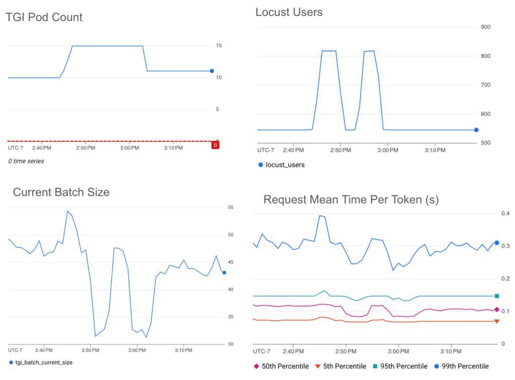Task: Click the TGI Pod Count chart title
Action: (x=44, y=17)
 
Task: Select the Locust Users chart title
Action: (x=289, y=12)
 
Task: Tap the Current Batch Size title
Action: (x=61, y=192)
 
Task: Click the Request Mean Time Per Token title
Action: (x=351, y=200)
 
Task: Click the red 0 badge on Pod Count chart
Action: (x=215, y=145)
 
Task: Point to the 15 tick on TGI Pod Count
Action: (x=219, y=46)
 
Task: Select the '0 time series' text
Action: (x=26, y=161)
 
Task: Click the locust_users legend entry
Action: (x=285, y=165)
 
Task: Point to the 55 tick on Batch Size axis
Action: (x=231, y=207)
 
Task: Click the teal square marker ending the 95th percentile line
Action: (x=496, y=296)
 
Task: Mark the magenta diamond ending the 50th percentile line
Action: (x=496, y=310)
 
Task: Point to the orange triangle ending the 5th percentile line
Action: (x=496, y=321)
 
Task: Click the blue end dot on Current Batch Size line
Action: (x=224, y=272)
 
